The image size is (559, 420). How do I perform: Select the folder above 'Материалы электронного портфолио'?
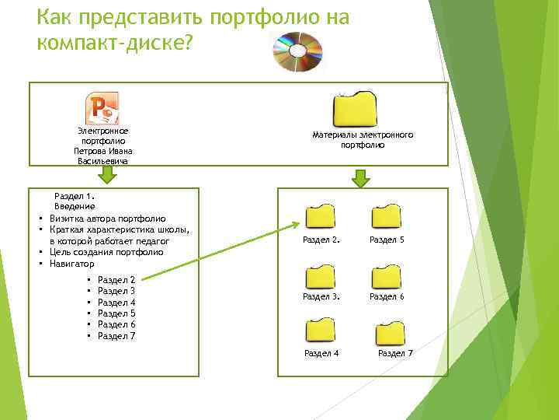coord(355,110)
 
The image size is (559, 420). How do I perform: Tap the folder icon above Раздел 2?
coord(321,217)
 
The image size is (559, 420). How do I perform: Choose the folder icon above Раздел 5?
coord(386,217)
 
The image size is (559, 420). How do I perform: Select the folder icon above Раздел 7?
coord(390,333)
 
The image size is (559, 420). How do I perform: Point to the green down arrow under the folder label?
coord(360,178)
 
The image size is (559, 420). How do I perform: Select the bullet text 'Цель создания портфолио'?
coord(106,252)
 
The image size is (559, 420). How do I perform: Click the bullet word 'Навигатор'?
coord(71,264)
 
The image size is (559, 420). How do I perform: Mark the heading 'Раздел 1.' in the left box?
coord(74,196)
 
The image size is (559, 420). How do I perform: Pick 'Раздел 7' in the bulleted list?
coord(117,336)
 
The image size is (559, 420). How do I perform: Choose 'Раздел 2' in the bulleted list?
coord(117,279)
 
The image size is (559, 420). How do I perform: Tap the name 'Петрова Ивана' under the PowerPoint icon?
coord(103,152)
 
